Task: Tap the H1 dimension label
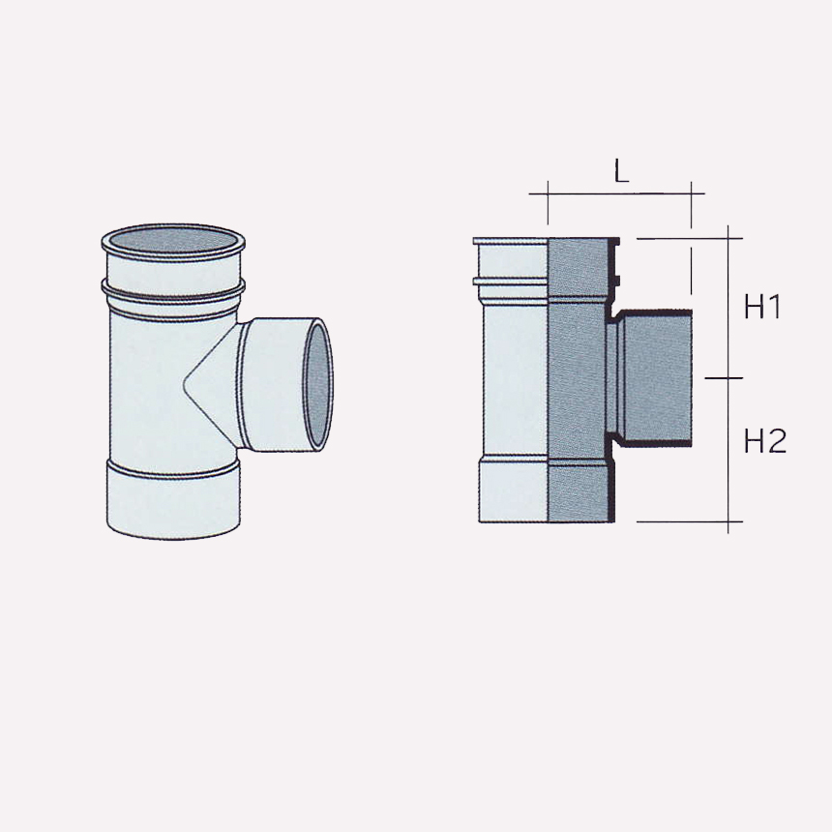763,308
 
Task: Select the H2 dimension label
764,441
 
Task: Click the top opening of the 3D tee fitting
173,241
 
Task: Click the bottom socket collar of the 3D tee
172,500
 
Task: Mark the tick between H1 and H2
728,377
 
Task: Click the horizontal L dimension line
619,193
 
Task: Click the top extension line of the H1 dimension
687,238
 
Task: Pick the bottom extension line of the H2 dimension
687,522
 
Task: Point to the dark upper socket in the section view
579,266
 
